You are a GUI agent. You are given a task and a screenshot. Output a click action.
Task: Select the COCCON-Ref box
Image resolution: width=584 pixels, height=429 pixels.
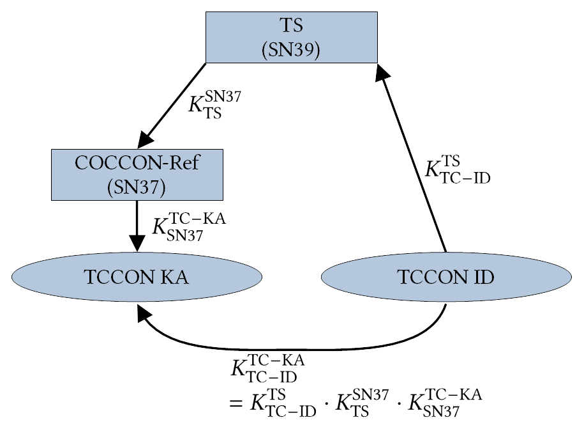[x=137, y=175]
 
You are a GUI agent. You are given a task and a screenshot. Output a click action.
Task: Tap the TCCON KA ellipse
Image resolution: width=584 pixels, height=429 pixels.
[x=137, y=277]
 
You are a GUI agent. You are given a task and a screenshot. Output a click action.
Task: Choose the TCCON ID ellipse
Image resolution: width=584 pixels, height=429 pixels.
[x=445, y=277]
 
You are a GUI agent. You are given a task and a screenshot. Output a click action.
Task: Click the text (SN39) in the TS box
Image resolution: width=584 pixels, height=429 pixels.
[x=291, y=49]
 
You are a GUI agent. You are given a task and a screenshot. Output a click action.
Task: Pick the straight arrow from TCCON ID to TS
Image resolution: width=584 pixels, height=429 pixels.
[x=414, y=160]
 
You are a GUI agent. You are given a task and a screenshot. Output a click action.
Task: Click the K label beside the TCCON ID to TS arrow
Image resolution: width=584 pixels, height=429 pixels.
[x=457, y=169]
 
